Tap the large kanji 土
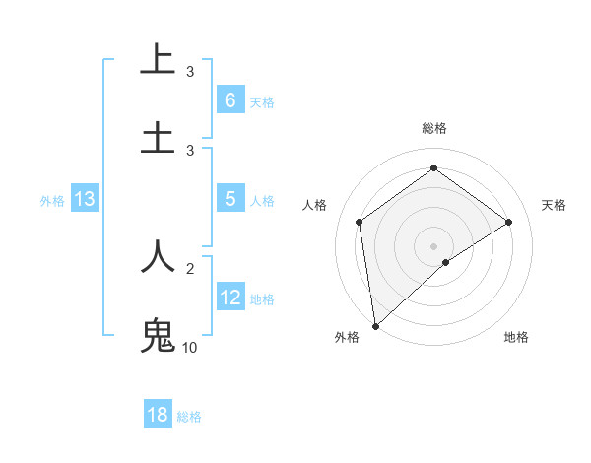[158, 137]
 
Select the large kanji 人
[158, 256]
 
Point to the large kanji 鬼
[158, 335]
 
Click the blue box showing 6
[230, 99]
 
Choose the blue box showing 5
[230, 199]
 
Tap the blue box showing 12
[230, 298]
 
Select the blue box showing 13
[85, 199]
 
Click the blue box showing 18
[158, 415]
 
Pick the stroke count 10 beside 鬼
[191, 348]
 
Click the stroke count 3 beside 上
[190, 71]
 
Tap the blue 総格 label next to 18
[189, 417]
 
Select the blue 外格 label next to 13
[52, 201]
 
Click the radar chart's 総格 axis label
[433, 128]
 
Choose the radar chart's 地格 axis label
[516, 337]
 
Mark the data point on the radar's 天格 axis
[509, 222]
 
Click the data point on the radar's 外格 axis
[374, 325]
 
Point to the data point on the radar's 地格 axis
[446, 262]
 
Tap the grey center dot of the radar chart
[433, 245]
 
